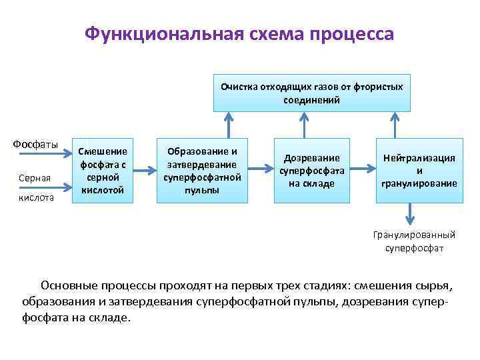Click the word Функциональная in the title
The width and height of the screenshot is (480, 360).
(157, 35)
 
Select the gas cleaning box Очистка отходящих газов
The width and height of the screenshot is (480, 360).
(311, 92)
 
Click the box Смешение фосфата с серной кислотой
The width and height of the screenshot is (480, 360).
(103, 171)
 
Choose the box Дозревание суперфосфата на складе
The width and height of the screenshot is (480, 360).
(311, 171)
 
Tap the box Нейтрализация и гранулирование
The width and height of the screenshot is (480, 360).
(419, 171)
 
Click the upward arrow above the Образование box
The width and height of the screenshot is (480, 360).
(229, 124)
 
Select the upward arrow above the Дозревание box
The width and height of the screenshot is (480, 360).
(305, 124)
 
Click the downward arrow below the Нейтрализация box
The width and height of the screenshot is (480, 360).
(409, 215)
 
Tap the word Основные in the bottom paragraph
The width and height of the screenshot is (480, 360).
(69, 286)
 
